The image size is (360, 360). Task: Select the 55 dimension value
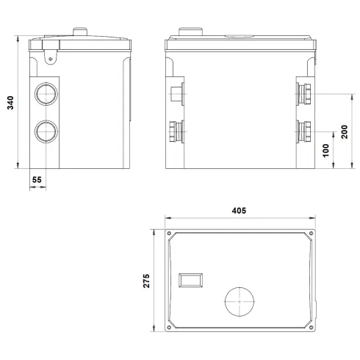pyautogui.click(x=37, y=178)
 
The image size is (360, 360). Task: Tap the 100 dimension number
pyautogui.click(x=326, y=150)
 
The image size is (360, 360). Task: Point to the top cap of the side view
pyautogui.click(x=80, y=31)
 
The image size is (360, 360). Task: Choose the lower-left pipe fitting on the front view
pyautogui.click(x=174, y=132)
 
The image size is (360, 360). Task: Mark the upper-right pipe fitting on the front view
pyautogui.click(x=303, y=93)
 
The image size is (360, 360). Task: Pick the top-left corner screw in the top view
pyautogui.click(x=170, y=235)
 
